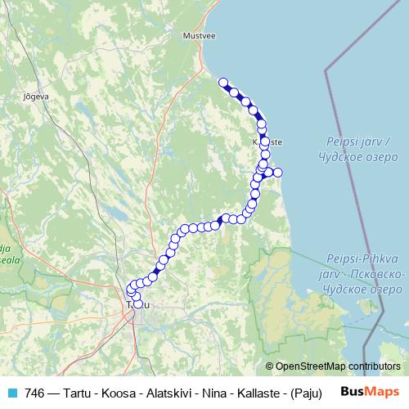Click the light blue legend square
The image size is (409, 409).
pos(11,393)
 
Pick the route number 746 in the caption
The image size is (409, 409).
pos(35,393)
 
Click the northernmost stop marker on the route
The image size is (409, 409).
pos(222,82)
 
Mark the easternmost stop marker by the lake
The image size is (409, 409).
pos(277,172)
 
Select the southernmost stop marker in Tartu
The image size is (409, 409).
pos(137,304)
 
